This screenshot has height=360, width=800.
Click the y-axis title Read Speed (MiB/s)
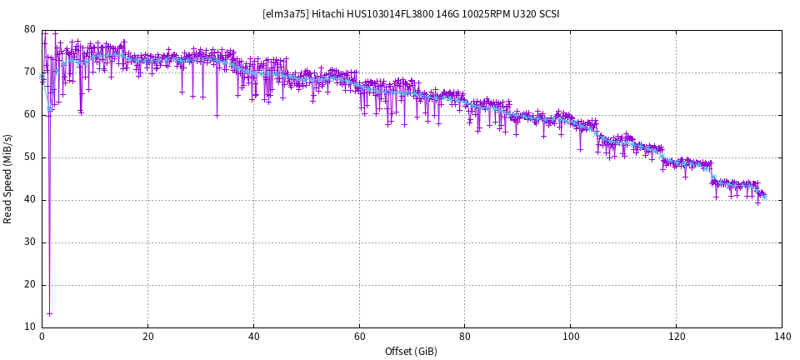(8, 178)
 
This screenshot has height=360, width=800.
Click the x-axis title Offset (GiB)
(411, 352)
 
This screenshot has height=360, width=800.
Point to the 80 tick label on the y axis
(30, 29)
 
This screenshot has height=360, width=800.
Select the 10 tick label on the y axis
(30, 327)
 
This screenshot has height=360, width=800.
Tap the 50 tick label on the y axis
(30, 157)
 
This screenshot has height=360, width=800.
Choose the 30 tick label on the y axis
(30, 242)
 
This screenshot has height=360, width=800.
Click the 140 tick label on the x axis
(782, 337)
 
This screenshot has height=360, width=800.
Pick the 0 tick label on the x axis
(42, 337)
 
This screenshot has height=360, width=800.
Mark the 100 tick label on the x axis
(571, 337)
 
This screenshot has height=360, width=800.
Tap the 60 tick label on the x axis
(359, 337)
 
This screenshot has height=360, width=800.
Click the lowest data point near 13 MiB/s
(49, 314)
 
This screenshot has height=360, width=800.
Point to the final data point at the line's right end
(764, 197)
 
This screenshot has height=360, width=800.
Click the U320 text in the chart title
(520, 14)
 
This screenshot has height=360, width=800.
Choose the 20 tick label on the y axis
(30, 284)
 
